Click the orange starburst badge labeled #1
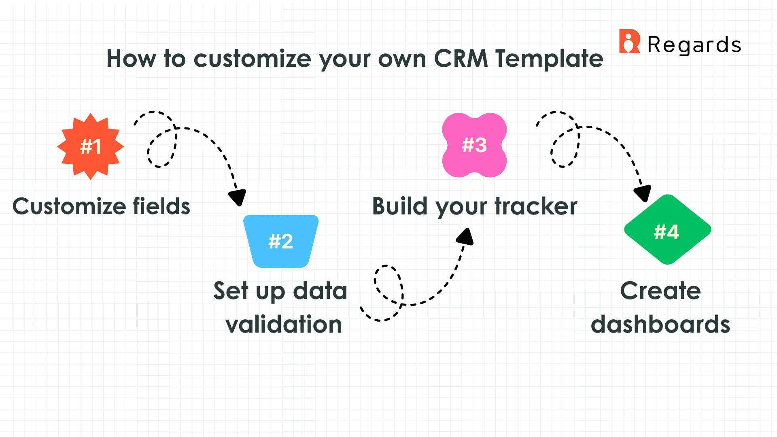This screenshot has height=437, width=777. (x=90, y=146)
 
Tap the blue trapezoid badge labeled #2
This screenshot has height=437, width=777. (x=281, y=241)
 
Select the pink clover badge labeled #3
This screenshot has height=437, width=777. (x=474, y=145)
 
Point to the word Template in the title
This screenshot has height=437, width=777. (x=549, y=59)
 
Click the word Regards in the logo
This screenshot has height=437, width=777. (x=694, y=45)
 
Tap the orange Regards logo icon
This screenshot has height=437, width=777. (x=629, y=41)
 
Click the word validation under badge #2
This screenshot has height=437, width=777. (x=284, y=325)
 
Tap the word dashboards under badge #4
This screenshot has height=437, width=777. (x=660, y=325)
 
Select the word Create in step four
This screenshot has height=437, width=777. (x=660, y=291)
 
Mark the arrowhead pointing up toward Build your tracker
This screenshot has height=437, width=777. (x=466, y=237)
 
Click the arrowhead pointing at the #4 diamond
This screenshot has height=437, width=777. (x=643, y=193)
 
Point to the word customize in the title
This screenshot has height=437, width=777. (x=253, y=59)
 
